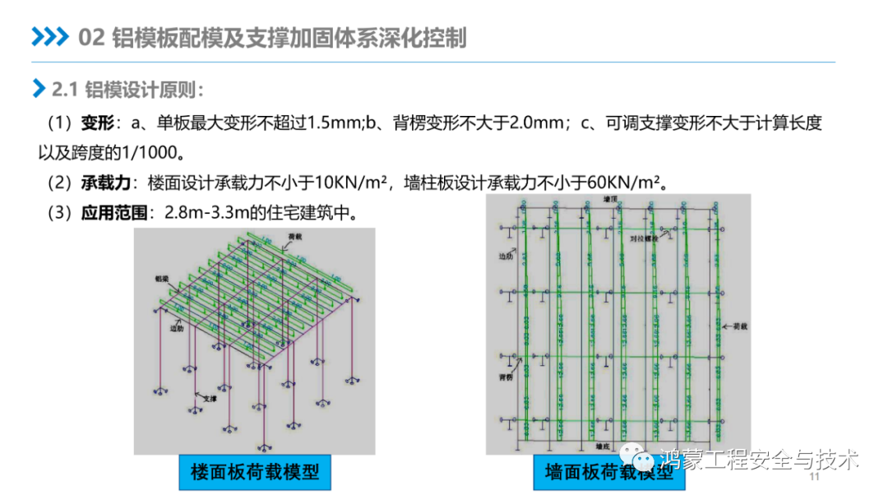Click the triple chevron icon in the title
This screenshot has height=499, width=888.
click(50, 38)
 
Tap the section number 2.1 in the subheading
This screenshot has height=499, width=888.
click(64, 89)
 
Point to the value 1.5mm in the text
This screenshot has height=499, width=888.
click(330, 123)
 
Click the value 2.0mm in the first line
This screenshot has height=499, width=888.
click(534, 123)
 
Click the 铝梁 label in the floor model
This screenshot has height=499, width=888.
click(160, 279)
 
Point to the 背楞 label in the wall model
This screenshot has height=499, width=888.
click(503, 377)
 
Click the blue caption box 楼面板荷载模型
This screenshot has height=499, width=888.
click(254, 472)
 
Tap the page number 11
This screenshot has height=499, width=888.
click(816, 478)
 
